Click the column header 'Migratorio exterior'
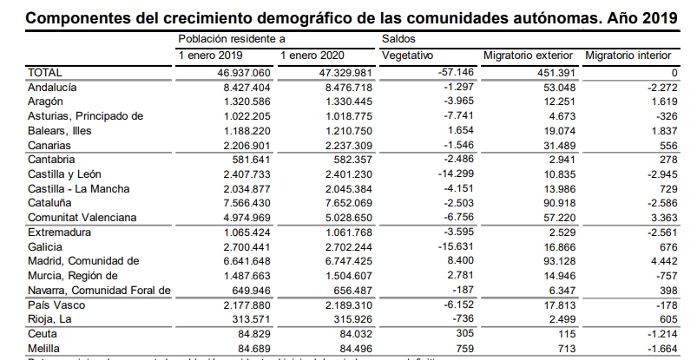(530, 56)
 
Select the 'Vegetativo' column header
(408, 56)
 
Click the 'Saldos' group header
(398, 39)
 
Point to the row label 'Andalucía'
(53, 88)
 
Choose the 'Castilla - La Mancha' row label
(79, 188)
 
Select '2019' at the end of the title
(662, 16)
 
